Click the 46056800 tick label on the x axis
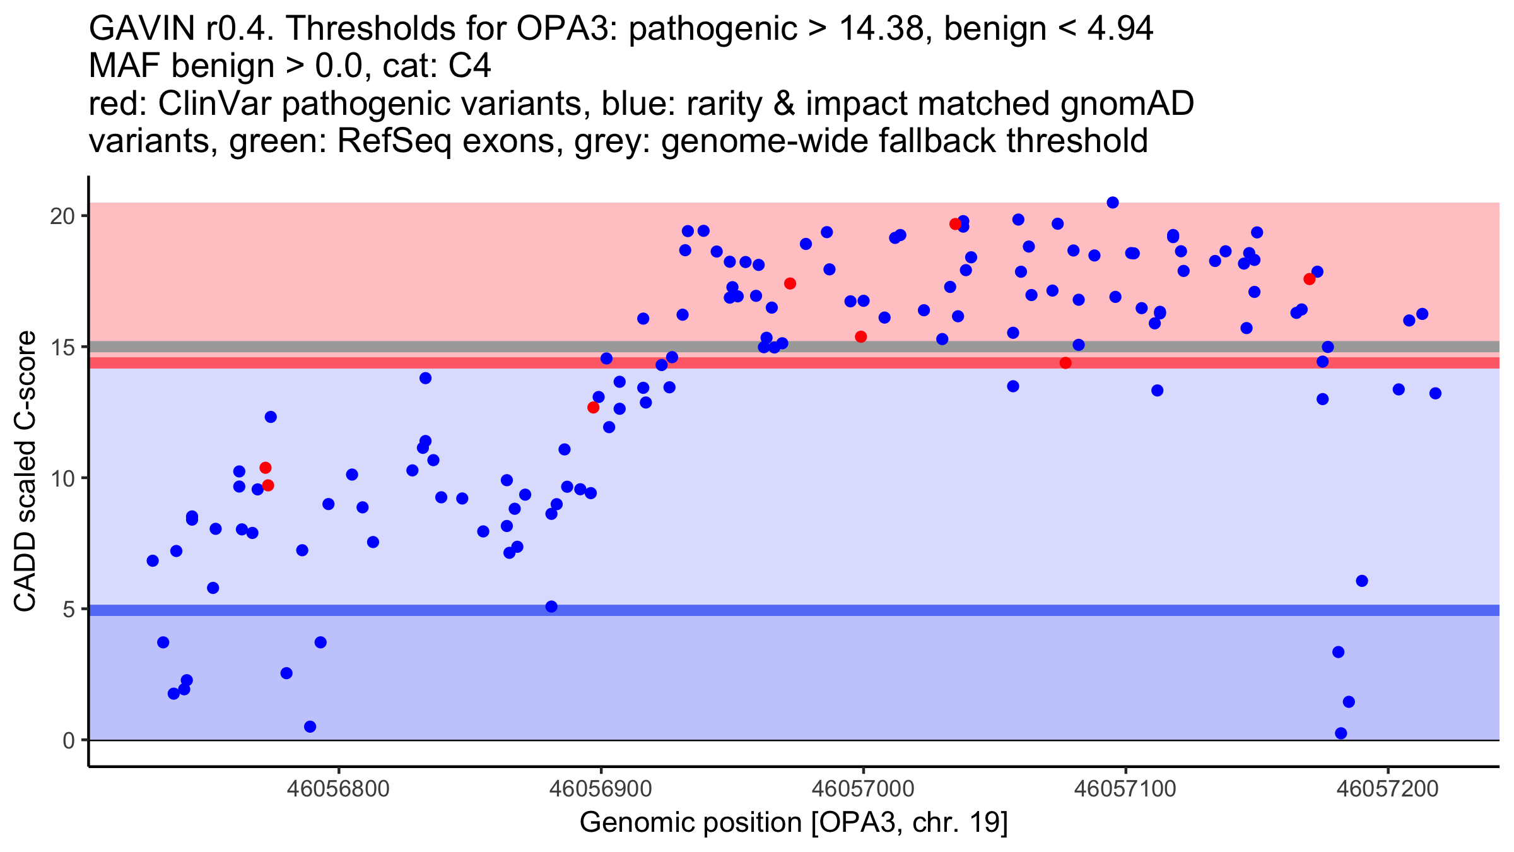click(x=338, y=789)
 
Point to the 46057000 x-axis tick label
click(x=863, y=789)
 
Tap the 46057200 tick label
click(x=1387, y=789)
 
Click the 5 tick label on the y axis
click(x=68, y=610)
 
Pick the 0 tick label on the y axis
click(x=68, y=740)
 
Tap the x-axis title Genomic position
click(x=794, y=823)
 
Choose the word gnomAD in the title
click(x=1127, y=104)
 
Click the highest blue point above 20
click(x=1113, y=203)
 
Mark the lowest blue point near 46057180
click(x=1341, y=733)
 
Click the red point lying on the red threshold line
click(x=1065, y=363)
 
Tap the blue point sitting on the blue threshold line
click(x=551, y=606)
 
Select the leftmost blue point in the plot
click(x=153, y=560)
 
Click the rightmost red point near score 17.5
click(x=1310, y=279)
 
